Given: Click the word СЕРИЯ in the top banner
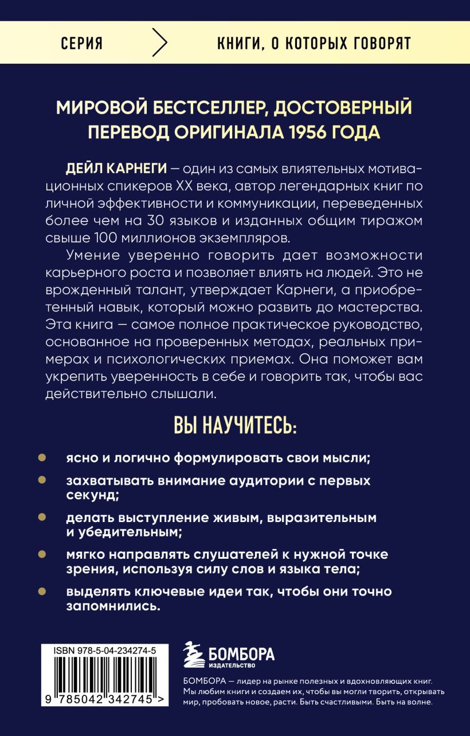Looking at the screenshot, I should (81, 44).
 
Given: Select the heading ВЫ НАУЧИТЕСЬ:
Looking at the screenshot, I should (235, 427).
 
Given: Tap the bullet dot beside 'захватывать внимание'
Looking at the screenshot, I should (42, 480).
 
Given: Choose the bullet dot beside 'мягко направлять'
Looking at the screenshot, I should (42, 555).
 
